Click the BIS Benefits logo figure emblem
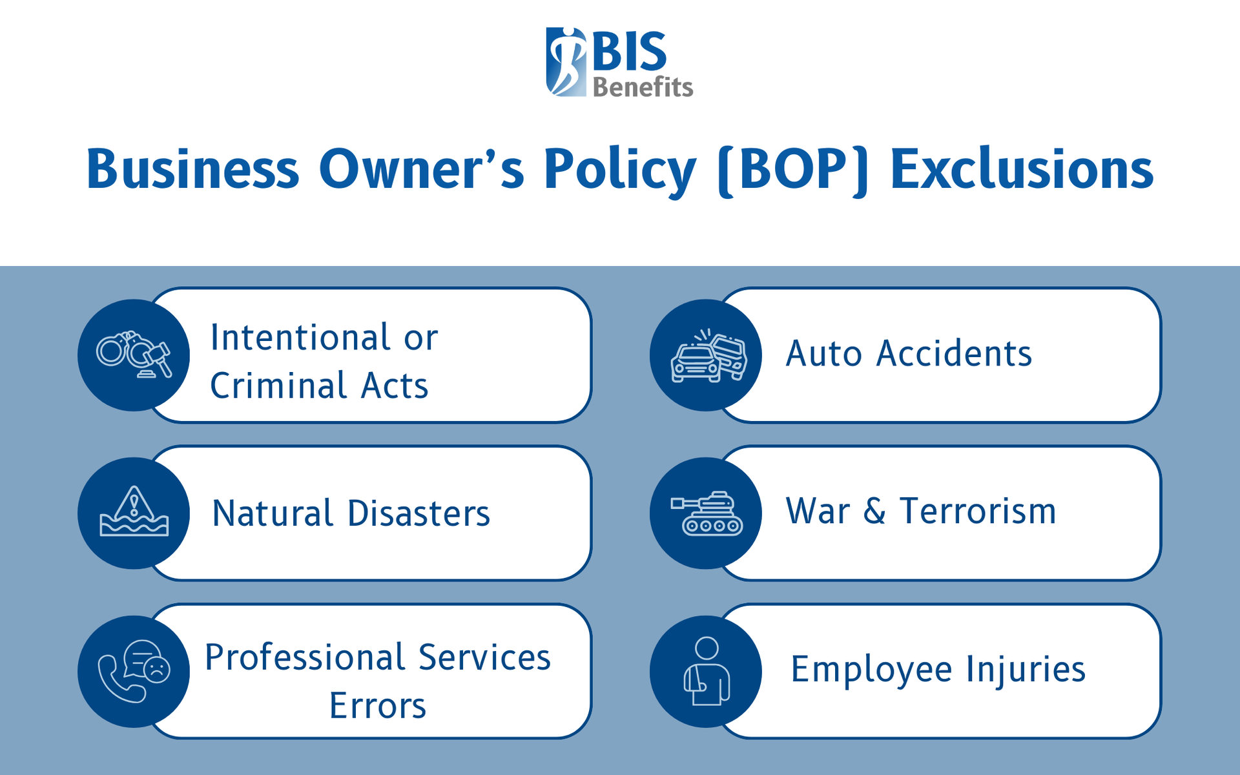[566, 62]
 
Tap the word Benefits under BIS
[643, 87]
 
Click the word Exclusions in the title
[1022, 169]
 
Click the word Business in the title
[192, 169]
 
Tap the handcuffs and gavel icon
[134, 355]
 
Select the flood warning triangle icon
[134, 512]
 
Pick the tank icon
[707, 513]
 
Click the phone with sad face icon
[134, 671]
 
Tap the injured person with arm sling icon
[707, 672]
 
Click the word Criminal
[279, 386]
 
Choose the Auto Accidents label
[909, 354]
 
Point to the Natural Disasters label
[351, 513]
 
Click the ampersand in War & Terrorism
[874, 511]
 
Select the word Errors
[378, 705]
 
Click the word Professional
[305, 658]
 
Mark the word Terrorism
[978, 511]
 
